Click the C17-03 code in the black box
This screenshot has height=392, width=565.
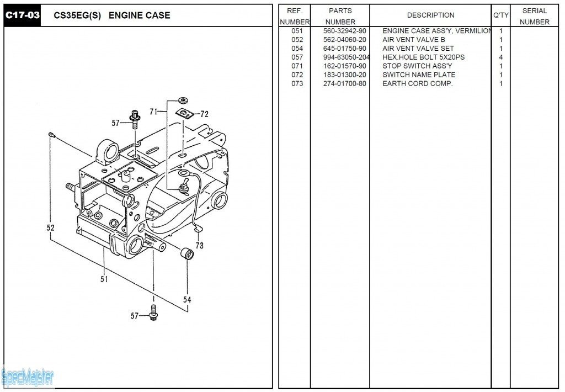pyautogui.click(x=22, y=15)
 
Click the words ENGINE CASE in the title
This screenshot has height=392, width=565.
pyautogui.click(x=139, y=15)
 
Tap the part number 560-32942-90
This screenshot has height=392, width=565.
pyautogui.click(x=344, y=31)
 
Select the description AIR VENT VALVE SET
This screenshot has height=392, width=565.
pyautogui.click(x=418, y=49)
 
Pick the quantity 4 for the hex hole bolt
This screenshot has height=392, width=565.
pyautogui.click(x=501, y=57)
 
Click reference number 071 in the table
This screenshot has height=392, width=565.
pyautogui.click(x=297, y=66)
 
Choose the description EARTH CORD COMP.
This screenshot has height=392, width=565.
pyautogui.click(x=418, y=84)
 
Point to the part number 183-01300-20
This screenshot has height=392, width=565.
pyautogui.click(x=344, y=75)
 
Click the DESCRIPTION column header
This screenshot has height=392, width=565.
pyautogui.click(x=430, y=15)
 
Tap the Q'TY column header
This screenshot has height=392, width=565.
pyautogui.click(x=501, y=15)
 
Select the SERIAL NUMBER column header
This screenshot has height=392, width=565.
pyautogui.click(x=534, y=16)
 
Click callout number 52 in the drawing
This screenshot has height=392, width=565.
pyautogui.click(x=50, y=227)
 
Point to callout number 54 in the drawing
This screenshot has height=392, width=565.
pyautogui.click(x=187, y=299)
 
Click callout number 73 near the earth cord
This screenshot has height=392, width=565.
pyautogui.click(x=200, y=246)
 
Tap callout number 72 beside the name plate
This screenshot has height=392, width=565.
pyautogui.click(x=204, y=114)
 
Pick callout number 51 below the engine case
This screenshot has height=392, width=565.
pyautogui.click(x=104, y=279)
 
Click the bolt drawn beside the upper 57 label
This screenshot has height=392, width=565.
pyautogui.click(x=135, y=119)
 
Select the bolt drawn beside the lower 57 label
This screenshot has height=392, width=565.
pyautogui.click(x=153, y=312)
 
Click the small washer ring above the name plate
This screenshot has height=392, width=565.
pyautogui.click(x=184, y=100)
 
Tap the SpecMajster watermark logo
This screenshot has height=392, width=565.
pyautogui.click(x=28, y=378)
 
